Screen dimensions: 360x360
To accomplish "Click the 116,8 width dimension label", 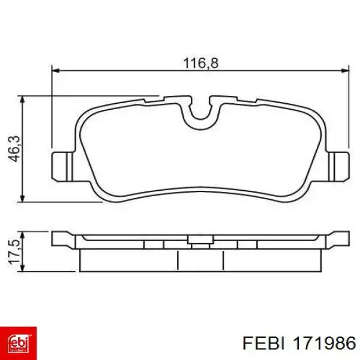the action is pos(200,63).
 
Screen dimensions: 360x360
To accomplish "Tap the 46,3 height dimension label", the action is pos(14,149).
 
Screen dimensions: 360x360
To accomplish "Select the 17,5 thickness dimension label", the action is pos(14,251).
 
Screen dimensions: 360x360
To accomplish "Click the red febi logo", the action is pos(18,343).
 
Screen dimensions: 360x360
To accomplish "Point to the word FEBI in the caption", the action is pos(263,344).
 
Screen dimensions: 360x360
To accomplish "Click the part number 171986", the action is pos(324,344).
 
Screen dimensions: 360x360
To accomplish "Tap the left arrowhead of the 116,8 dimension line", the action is pos(56,70).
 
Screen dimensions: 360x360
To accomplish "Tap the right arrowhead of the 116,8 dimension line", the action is pos(345,70).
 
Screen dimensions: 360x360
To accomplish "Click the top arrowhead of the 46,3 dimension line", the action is pos(22,100).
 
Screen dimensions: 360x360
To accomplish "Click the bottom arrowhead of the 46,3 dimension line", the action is pos(22,198).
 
